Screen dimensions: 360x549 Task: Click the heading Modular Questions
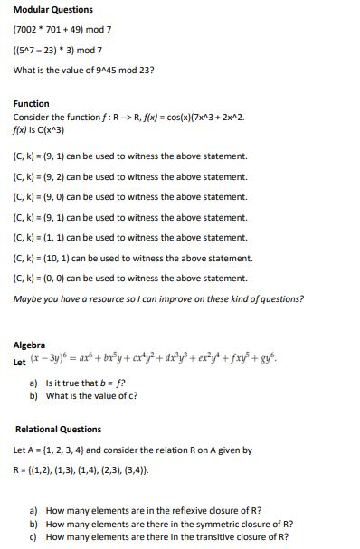pyautogui.click(x=52, y=10)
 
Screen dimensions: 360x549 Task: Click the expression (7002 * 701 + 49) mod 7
pyautogui.click(x=62, y=29)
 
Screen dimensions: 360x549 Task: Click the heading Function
pyautogui.click(x=32, y=104)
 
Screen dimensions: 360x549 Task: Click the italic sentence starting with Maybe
pyautogui.click(x=158, y=299)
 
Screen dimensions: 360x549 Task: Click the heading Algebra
pyautogui.click(x=30, y=345)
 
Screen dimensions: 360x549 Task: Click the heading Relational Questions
pyautogui.click(x=59, y=430)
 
